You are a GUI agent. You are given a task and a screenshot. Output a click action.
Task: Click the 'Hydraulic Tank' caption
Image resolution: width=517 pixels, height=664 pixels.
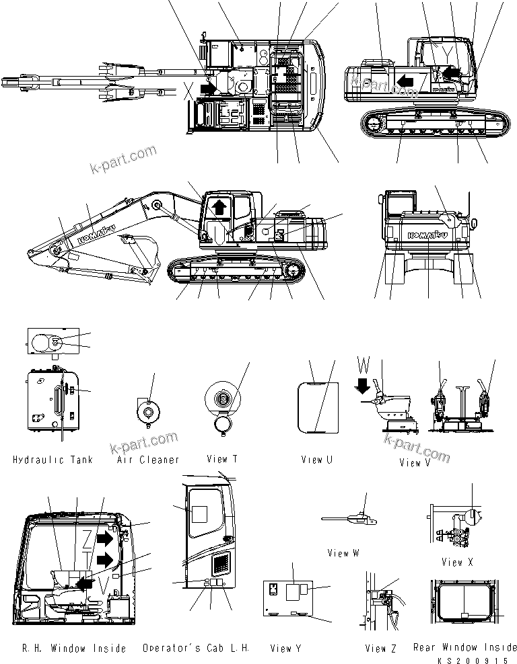(53, 460)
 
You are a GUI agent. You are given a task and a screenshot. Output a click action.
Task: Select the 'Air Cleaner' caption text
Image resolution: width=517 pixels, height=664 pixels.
(148, 460)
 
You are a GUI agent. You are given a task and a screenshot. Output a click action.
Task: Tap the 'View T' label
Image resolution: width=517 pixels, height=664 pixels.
(222, 459)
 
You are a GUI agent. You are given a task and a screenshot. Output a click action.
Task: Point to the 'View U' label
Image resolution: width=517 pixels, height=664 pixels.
(317, 460)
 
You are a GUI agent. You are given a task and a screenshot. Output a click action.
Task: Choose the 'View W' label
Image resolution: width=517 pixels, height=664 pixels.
(343, 553)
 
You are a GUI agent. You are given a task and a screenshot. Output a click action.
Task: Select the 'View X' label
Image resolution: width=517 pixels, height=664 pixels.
(457, 563)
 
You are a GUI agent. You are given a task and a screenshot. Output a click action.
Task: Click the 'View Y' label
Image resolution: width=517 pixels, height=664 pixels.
(285, 649)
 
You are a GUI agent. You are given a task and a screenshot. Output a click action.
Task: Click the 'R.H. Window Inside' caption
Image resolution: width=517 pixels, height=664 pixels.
(74, 649)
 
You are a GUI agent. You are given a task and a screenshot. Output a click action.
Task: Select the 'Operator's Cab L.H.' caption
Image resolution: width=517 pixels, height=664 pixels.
(196, 649)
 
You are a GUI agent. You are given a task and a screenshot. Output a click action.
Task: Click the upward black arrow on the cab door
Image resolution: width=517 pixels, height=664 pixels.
(218, 206)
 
